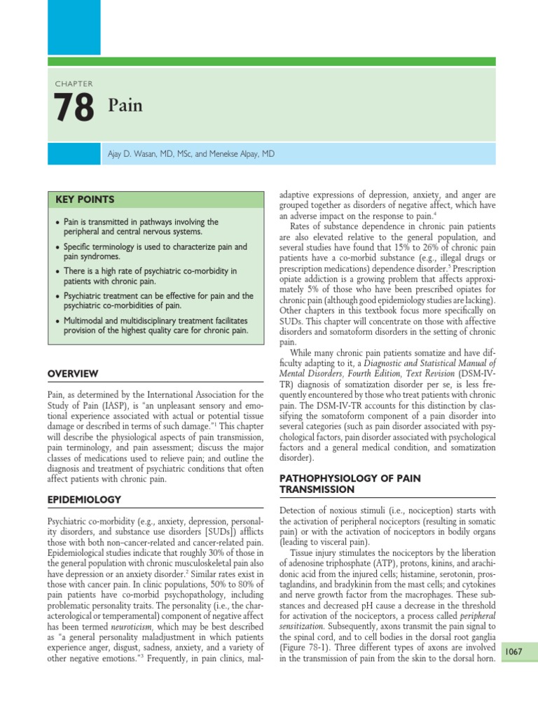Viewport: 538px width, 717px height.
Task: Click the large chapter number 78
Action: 73,108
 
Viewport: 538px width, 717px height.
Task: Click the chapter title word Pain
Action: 125,106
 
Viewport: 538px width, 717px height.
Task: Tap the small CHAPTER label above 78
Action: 74,84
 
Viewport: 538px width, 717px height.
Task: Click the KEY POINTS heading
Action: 85,200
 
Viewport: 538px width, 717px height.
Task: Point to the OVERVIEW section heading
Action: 72,374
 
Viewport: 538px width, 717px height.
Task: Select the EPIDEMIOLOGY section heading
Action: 83,499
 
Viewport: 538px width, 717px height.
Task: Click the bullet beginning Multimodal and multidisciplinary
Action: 154,324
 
